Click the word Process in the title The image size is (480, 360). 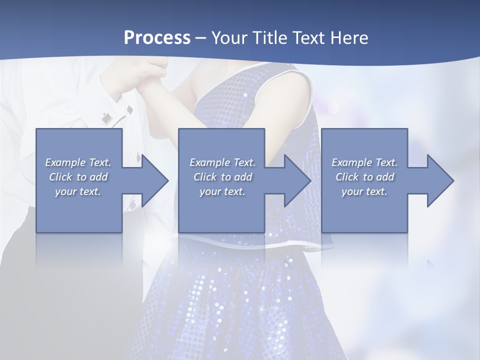click(157, 38)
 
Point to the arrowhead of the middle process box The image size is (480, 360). click(297, 180)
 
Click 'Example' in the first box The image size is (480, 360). click(65, 162)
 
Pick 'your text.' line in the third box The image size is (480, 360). click(364, 191)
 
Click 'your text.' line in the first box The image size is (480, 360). click(78, 191)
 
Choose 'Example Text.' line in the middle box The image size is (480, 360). click(222, 162)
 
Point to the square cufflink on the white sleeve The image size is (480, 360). click(106, 118)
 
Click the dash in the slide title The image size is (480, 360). click(201, 38)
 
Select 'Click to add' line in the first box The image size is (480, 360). click(78, 177)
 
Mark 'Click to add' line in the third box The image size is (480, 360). click(364, 177)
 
